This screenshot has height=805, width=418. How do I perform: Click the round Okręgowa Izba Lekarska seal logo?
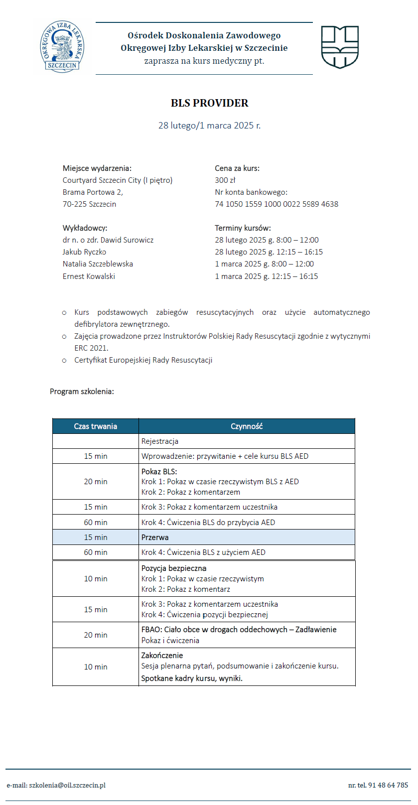pyautogui.click(x=62, y=47)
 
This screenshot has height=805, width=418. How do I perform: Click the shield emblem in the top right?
pyautogui.click(x=340, y=47)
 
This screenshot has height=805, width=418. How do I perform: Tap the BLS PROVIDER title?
pyautogui.click(x=209, y=103)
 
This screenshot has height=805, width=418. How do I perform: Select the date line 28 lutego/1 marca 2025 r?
pyautogui.click(x=209, y=126)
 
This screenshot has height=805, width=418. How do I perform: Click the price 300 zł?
pyautogui.click(x=225, y=180)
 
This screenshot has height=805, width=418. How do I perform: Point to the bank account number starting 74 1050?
pyautogui.click(x=277, y=204)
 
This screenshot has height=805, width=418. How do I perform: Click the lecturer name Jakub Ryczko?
pyautogui.click(x=84, y=252)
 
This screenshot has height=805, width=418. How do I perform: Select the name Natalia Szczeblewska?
pyautogui.click(x=98, y=264)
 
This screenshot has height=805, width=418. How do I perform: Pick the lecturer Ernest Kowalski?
pyautogui.click(x=89, y=276)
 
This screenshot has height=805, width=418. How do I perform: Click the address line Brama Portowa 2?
pyautogui.click(x=93, y=192)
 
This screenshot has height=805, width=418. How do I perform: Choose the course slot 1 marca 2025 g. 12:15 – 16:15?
pyautogui.click(x=266, y=276)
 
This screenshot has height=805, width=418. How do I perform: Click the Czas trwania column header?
pyautogui.click(x=96, y=426)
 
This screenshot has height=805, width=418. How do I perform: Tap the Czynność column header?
pyautogui.click(x=247, y=426)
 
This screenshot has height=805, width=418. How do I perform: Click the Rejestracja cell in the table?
pyautogui.click(x=160, y=441)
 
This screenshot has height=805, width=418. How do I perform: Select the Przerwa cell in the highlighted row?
pyautogui.click(x=155, y=537)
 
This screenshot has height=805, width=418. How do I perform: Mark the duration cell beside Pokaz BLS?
pyautogui.click(x=96, y=482)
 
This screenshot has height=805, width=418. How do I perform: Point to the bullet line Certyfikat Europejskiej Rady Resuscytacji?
pyautogui.click(x=143, y=360)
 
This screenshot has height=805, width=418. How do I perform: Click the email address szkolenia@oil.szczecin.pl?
pyautogui.click(x=67, y=785)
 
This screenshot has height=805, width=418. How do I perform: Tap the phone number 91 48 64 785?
pyautogui.click(x=388, y=785)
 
